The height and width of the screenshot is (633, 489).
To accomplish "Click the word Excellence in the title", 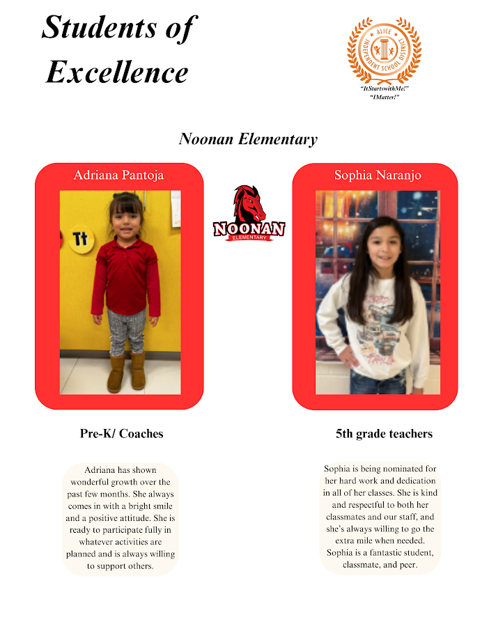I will click(x=117, y=72).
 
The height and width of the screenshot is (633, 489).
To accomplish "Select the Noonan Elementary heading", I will click(x=248, y=139).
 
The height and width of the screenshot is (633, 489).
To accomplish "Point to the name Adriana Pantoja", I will click(x=119, y=175).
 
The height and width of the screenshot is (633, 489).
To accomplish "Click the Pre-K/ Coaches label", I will click(x=121, y=434).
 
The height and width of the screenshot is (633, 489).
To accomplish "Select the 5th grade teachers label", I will click(x=384, y=434).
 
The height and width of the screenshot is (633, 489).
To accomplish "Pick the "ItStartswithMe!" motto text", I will click(x=384, y=89).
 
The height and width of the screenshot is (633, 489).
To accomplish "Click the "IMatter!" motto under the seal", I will click(x=384, y=97).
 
